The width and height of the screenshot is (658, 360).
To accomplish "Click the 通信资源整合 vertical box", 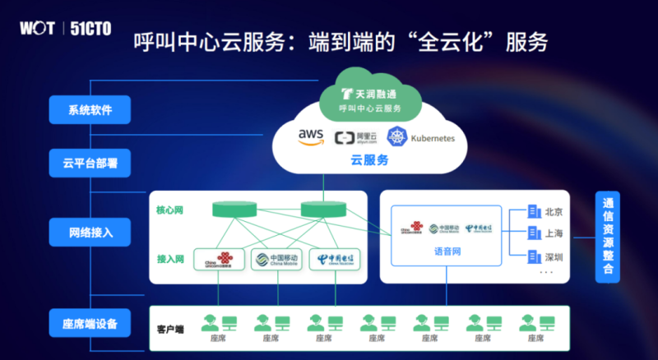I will pyautogui.click(x=608, y=236).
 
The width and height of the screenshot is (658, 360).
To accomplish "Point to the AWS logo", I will pyautogui.click(x=312, y=137).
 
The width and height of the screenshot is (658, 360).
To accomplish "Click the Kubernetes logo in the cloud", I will pyautogui.click(x=420, y=138).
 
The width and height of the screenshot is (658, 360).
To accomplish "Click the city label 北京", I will pyautogui.click(x=554, y=211).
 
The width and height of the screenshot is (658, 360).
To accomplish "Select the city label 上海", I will pyautogui.click(x=554, y=233).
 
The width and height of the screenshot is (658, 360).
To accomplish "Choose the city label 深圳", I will pyautogui.click(x=554, y=256).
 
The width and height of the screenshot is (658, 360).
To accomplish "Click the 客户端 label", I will pyautogui.click(x=170, y=329).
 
